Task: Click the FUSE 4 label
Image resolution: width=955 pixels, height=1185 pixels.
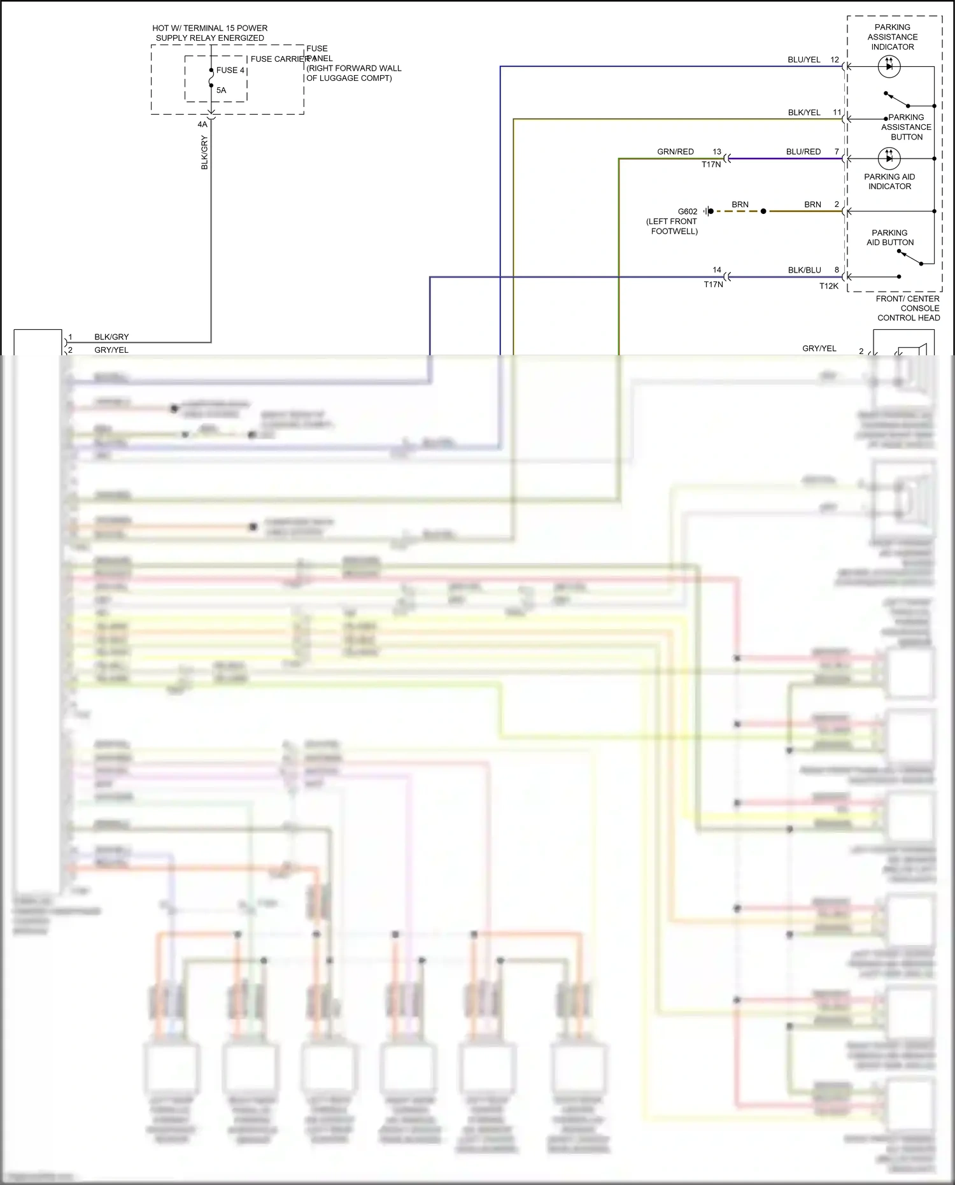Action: click(x=230, y=70)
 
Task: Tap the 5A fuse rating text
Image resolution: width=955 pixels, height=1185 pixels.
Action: click(x=221, y=90)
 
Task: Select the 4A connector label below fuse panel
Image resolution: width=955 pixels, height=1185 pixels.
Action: click(x=202, y=125)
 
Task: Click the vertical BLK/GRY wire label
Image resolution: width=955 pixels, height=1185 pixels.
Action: click(x=204, y=153)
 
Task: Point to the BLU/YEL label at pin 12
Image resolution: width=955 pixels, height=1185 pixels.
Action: click(x=803, y=60)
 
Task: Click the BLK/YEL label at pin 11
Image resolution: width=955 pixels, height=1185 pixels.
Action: click(x=803, y=113)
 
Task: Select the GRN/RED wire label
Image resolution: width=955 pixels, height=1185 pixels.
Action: click(x=675, y=152)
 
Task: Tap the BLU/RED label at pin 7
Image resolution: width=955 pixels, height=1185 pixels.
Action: click(x=803, y=152)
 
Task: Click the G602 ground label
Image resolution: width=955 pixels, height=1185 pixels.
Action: click(x=687, y=211)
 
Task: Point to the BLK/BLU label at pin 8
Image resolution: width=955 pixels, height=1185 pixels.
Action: click(x=804, y=270)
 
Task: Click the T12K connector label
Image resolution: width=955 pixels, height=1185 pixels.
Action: click(x=828, y=287)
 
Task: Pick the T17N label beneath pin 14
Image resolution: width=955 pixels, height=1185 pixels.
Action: click(x=713, y=285)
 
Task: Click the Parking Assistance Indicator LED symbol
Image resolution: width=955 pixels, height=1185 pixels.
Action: click(x=889, y=66)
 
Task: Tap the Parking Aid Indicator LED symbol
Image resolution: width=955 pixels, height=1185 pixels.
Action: click(x=889, y=158)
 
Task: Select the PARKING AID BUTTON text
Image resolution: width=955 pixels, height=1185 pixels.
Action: click(x=889, y=238)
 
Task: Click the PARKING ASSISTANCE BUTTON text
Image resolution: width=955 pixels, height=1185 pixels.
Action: click(x=906, y=127)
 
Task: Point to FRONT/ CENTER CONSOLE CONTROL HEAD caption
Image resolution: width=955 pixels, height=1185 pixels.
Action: click(x=908, y=308)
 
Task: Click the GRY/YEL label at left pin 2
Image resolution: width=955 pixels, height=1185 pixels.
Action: click(x=111, y=350)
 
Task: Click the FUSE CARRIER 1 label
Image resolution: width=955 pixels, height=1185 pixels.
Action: click(x=279, y=59)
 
